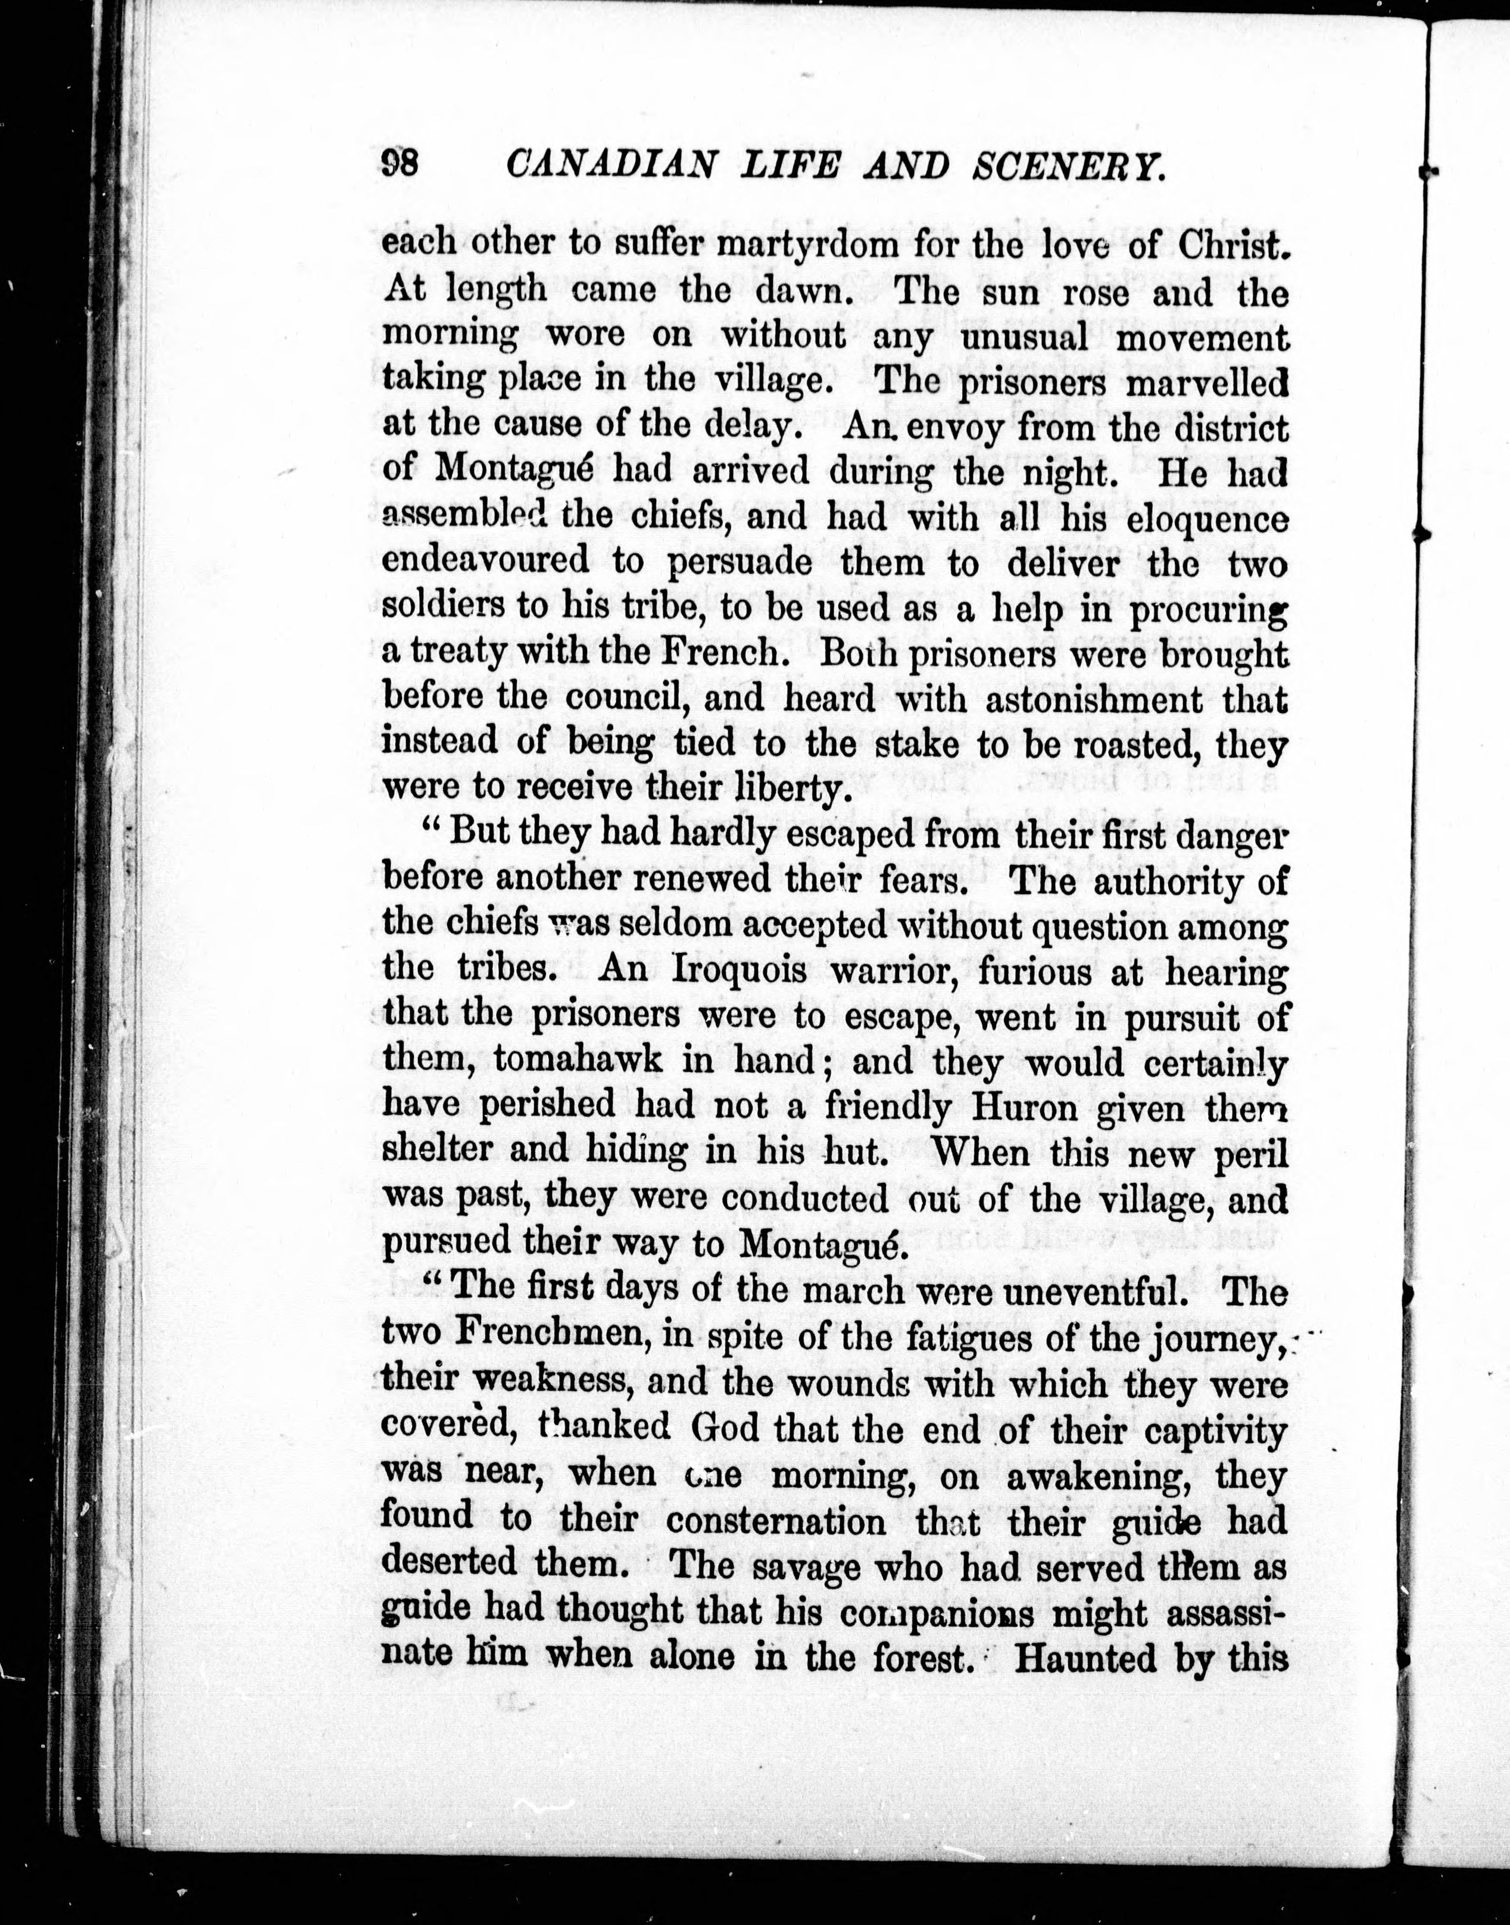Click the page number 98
pos(401,164)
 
